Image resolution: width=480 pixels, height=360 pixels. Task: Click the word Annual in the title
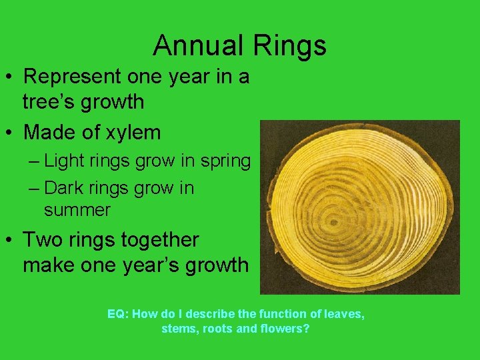[197, 45]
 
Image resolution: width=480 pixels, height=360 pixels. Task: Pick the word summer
[77, 210]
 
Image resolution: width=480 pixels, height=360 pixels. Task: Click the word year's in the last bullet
[151, 265]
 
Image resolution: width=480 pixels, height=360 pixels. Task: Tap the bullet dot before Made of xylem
[10, 133]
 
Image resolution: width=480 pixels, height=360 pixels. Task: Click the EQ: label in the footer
[118, 313]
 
